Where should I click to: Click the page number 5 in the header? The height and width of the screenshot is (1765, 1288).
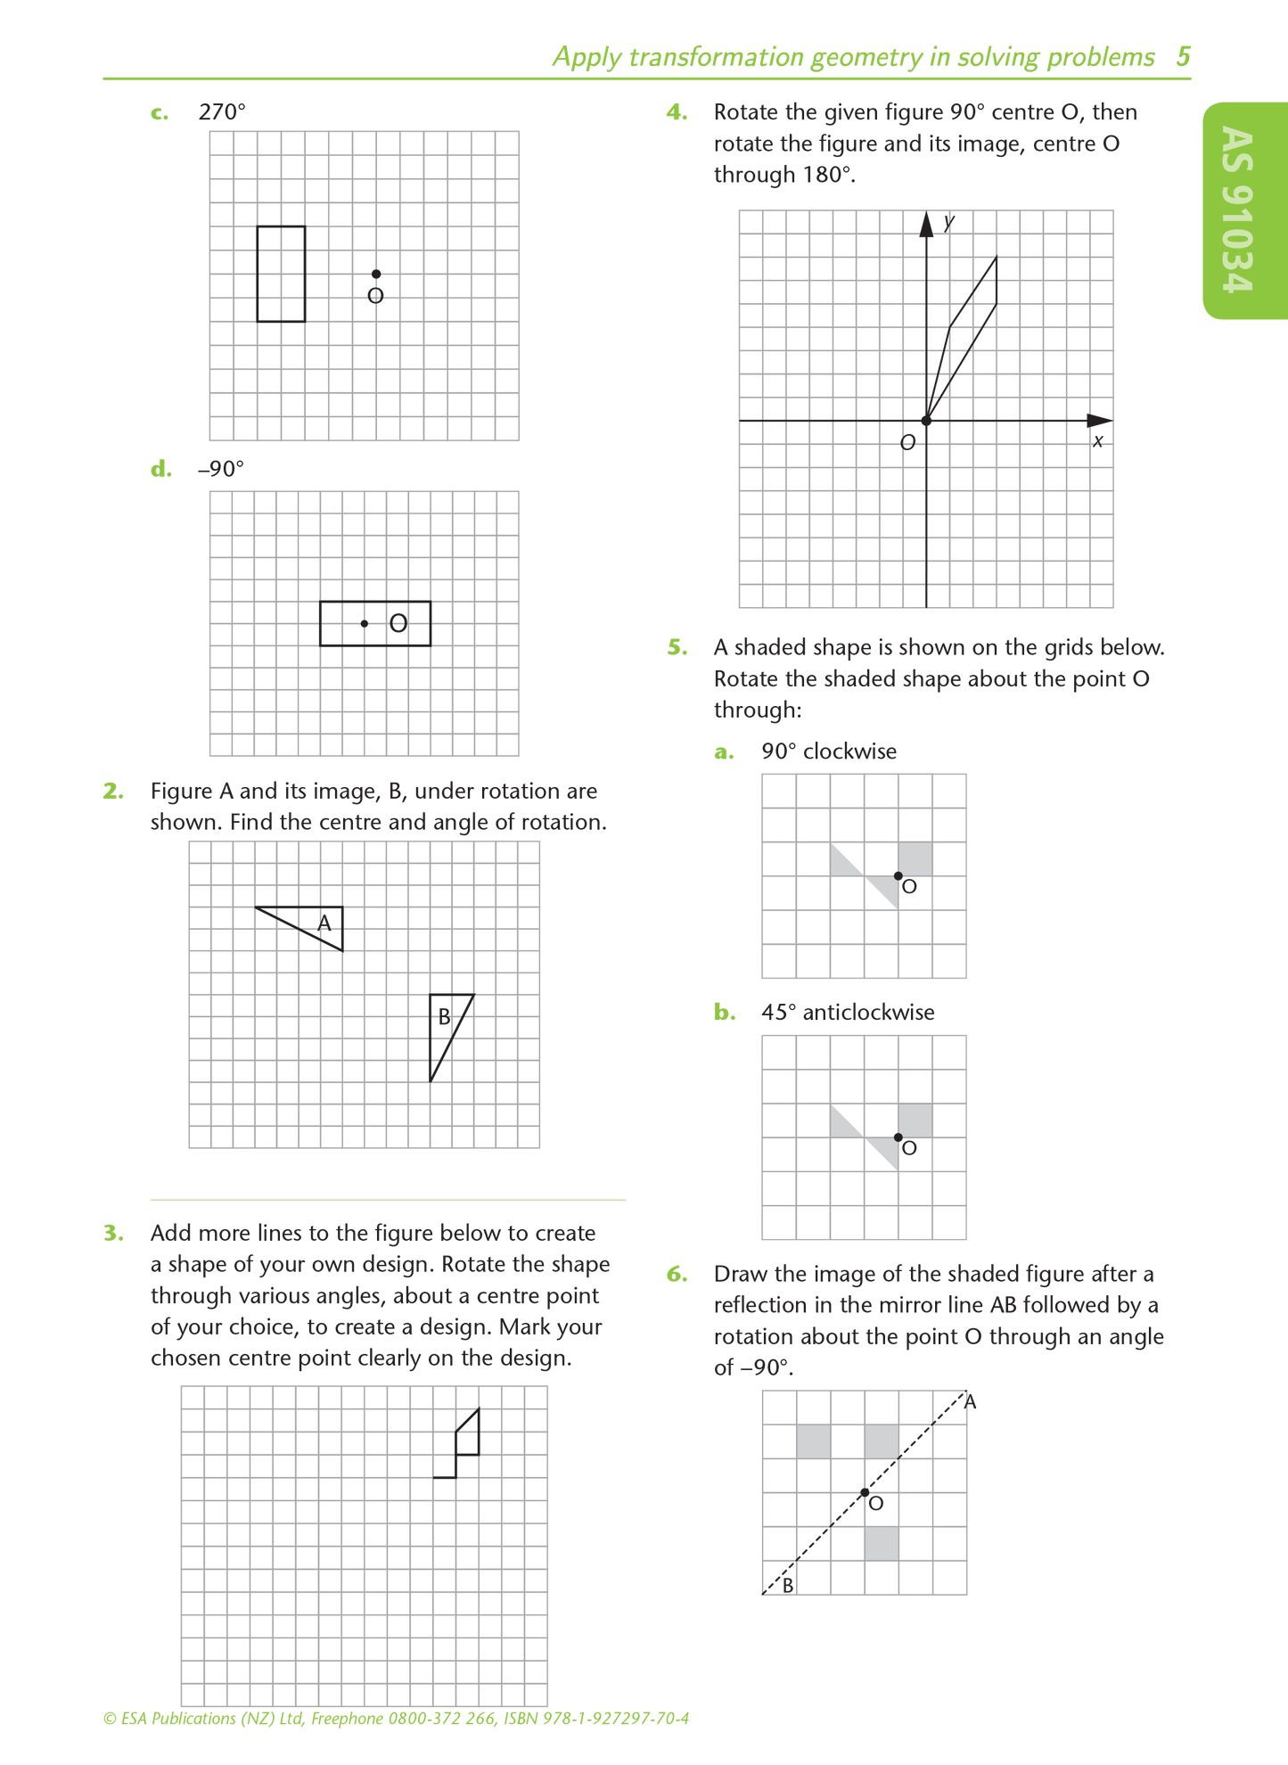coord(1183,57)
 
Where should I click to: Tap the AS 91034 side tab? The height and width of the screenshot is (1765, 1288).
coord(1243,210)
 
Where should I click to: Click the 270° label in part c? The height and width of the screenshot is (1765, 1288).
coord(221,112)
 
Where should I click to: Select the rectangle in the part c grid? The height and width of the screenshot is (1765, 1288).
coord(281,274)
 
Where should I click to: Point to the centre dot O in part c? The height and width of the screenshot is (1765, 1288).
coord(376,274)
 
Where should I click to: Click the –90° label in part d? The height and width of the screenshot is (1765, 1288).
coord(220,469)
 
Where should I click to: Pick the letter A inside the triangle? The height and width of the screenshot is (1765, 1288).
coord(324,924)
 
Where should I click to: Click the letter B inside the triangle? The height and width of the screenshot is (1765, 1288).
coord(444,1016)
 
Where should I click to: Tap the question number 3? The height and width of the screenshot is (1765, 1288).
coord(113,1233)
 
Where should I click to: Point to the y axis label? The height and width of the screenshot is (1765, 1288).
coord(949,221)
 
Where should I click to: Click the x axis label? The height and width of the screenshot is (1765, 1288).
coord(1098,441)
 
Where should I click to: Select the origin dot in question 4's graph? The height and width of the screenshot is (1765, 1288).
coord(926,421)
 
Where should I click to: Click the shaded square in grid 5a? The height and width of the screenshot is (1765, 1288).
coord(915,858)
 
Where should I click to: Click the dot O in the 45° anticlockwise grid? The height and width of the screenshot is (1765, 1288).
coord(898,1137)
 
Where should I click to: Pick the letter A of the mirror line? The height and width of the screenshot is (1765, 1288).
coord(971,1402)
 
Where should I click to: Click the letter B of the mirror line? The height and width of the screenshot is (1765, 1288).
coord(788,1586)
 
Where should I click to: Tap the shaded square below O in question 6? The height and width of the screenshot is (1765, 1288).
coord(882,1543)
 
